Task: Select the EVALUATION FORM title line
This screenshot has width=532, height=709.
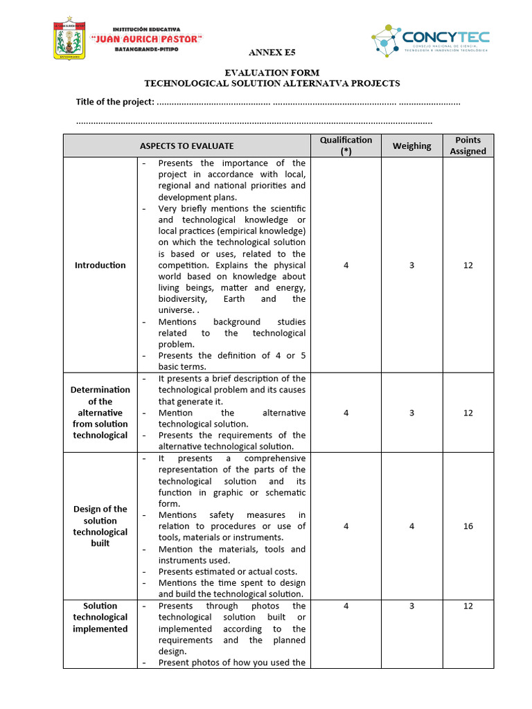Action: click(x=271, y=73)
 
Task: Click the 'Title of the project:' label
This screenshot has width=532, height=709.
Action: click(x=114, y=102)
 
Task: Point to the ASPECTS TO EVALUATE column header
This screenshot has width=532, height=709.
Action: click(x=186, y=146)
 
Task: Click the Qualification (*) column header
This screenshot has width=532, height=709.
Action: click(x=346, y=145)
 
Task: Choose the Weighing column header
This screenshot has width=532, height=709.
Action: click(x=411, y=146)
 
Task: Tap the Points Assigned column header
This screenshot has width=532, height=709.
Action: click(x=468, y=145)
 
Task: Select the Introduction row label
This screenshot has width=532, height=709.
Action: click(x=100, y=265)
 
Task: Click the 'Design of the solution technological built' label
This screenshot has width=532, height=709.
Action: click(x=100, y=526)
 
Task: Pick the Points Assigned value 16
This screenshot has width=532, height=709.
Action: click(x=468, y=526)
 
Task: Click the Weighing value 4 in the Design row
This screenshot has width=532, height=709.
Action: click(x=411, y=526)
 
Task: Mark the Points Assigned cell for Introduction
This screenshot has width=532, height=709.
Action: click(x=468, y=265)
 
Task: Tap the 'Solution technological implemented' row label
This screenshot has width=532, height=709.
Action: click(x=100, y=617)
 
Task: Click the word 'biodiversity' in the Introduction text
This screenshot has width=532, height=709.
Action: click(x=182, y=299)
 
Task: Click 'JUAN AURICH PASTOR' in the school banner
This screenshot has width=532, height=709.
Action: click(x=146, y=39)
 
